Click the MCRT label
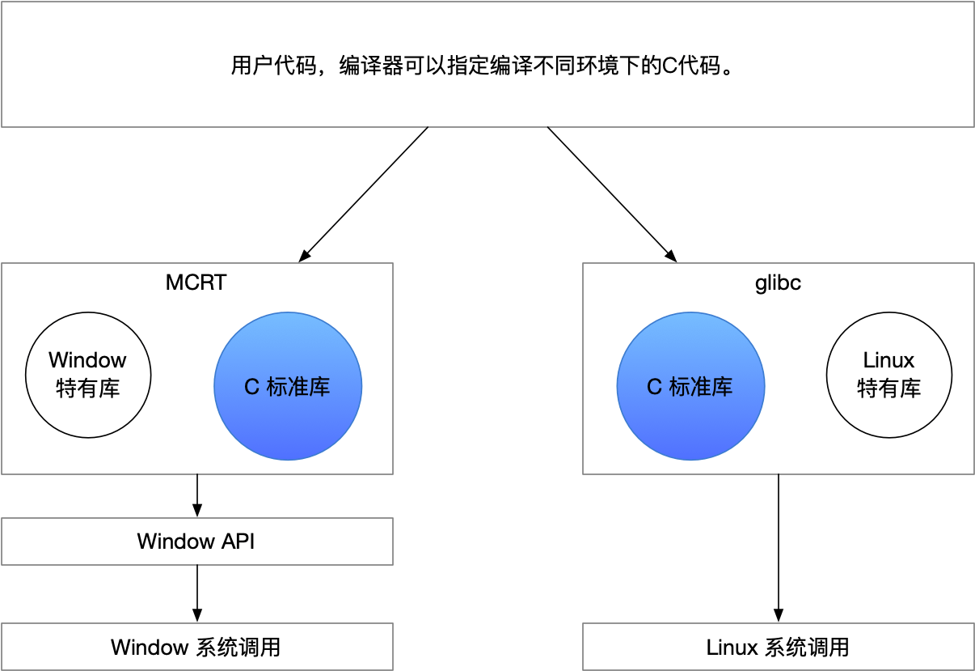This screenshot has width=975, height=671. click(196, 282)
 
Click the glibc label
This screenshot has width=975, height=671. click(778, 282)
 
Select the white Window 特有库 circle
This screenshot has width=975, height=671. click(88, 375)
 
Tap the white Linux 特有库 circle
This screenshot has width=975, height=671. click(888, 375)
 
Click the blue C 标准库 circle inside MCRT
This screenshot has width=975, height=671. click(288, 386)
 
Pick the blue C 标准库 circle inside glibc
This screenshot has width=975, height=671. click(690, 386)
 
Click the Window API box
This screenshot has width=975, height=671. click(196, 541)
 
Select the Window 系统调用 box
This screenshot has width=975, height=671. click(196, 647)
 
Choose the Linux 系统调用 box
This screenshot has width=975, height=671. click(778, 647)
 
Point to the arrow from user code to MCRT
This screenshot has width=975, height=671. click(364, 194)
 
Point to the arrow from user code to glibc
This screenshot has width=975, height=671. click(612, 194)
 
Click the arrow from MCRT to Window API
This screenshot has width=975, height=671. click(197, 495)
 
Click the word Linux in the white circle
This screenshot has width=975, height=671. click(888, 360)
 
